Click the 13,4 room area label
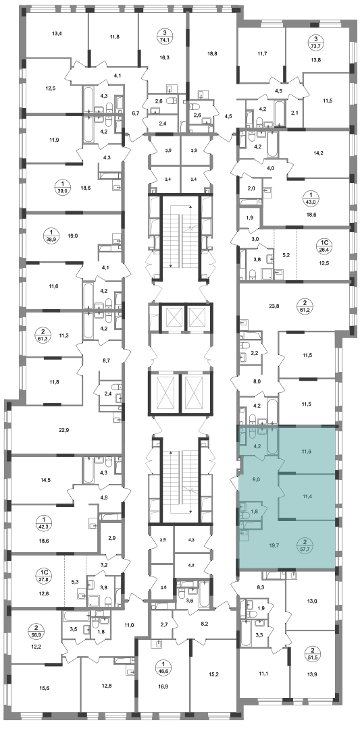[x=57, y=33]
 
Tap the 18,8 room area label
[x=212, y=53]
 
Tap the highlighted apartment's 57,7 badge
[x=305, y=545]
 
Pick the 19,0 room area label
[x=72, y=236]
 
